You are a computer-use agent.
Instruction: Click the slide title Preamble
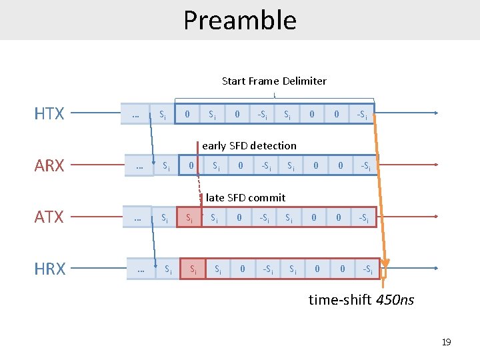[x=240, y=20]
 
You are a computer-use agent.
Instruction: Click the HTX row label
[x=49, y=114]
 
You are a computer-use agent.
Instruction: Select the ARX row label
[x=49, y=166]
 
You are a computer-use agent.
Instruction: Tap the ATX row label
[x=49, y=217]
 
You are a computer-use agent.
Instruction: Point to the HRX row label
[x=49, y=269]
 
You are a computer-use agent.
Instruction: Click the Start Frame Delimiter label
[x=274, y=81]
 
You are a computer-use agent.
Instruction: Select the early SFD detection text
[x=249, y=145]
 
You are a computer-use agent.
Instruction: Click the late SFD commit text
[x=245, y=197]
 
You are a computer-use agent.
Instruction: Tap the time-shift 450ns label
[x=361, y=300]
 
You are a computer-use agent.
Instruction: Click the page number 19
[x=446, y=342]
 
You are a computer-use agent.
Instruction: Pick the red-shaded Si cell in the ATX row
[x=189, y=217]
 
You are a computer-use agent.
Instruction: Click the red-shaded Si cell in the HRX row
[x=193, y=269]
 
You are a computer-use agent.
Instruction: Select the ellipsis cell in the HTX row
[x=136, y=114]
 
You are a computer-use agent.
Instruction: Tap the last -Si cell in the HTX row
[x=361, y=114]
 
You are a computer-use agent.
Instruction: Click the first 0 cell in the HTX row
[x=187, y=114]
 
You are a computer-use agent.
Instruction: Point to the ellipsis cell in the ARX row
[x=139, y=165]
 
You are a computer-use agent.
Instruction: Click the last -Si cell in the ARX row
[x=365, y=165]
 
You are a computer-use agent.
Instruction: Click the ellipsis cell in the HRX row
[x=141, y=269]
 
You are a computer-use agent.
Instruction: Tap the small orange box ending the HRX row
[x=383, y=271]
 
